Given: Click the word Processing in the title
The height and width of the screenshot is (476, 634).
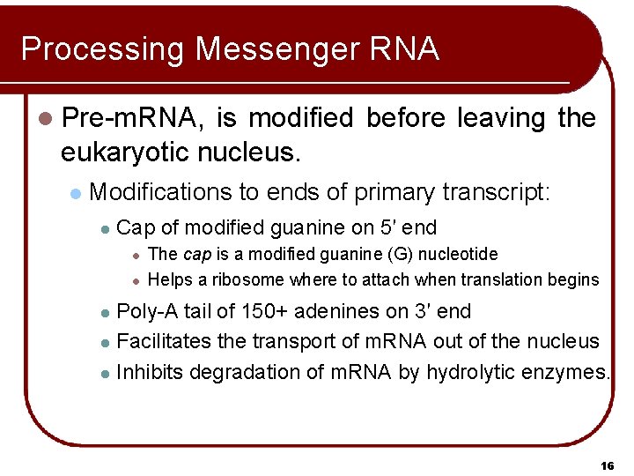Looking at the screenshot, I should click(x=102, y=49).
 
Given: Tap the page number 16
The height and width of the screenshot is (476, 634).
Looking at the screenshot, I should click(x=606, y=465).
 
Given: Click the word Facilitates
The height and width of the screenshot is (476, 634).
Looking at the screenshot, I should click(x=158, y=341).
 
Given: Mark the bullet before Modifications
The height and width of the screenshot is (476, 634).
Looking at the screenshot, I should click(x=77, y=193).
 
